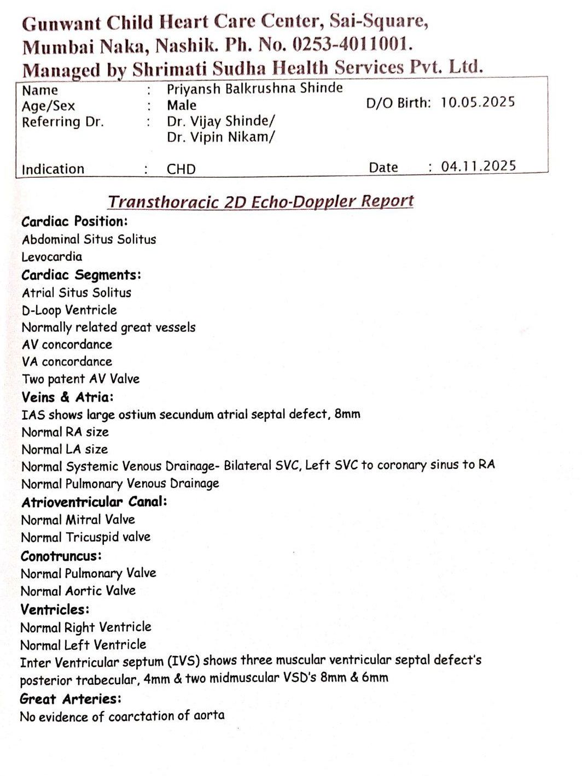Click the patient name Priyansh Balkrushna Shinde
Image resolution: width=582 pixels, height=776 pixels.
click(x=255, y=88)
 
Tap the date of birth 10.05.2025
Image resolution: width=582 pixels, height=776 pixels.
click(x=478, y=102)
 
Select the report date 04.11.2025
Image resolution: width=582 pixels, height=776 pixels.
click(x=478, y=166)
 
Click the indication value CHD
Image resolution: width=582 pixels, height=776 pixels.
click(x=181, y=169)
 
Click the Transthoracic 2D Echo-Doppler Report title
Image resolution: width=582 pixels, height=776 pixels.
click(x=260, y=202)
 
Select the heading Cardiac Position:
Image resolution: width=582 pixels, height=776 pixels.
click(x=74, y=221)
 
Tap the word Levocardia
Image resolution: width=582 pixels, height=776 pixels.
click(x=52, y=256)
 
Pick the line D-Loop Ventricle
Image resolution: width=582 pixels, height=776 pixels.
click(x=69, y=310)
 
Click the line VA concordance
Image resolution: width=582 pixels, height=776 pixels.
click(x=67, y=361)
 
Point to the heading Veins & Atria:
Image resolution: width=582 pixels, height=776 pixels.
click(x=67, y=397)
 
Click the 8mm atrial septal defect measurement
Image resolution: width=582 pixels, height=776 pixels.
click(x=347, y=414)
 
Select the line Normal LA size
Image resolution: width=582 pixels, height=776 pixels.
click(x=65, y=449)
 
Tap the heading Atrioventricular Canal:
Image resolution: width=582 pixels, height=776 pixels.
click(x=94, y=501)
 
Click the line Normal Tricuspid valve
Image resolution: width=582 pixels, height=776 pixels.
click(x=85, y=537)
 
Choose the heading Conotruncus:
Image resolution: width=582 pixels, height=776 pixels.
click(x=61, y=556)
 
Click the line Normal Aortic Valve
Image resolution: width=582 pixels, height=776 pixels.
click(x=78, y=591)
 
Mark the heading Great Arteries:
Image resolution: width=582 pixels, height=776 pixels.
click(x=71, y=698)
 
